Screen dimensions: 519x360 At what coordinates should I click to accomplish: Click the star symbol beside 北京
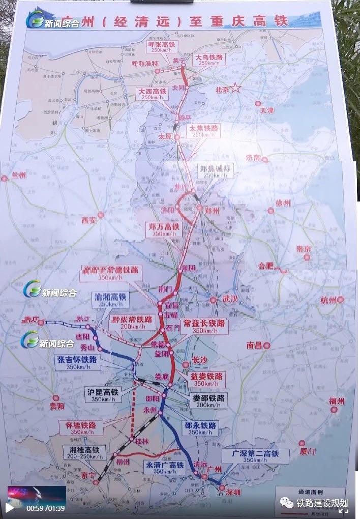pos(236,88)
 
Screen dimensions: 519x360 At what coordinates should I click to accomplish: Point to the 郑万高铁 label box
pos(165,230)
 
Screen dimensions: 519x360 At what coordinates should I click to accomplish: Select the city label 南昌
pos(254,345)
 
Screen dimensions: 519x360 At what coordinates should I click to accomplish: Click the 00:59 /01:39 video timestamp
pos(46,508)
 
